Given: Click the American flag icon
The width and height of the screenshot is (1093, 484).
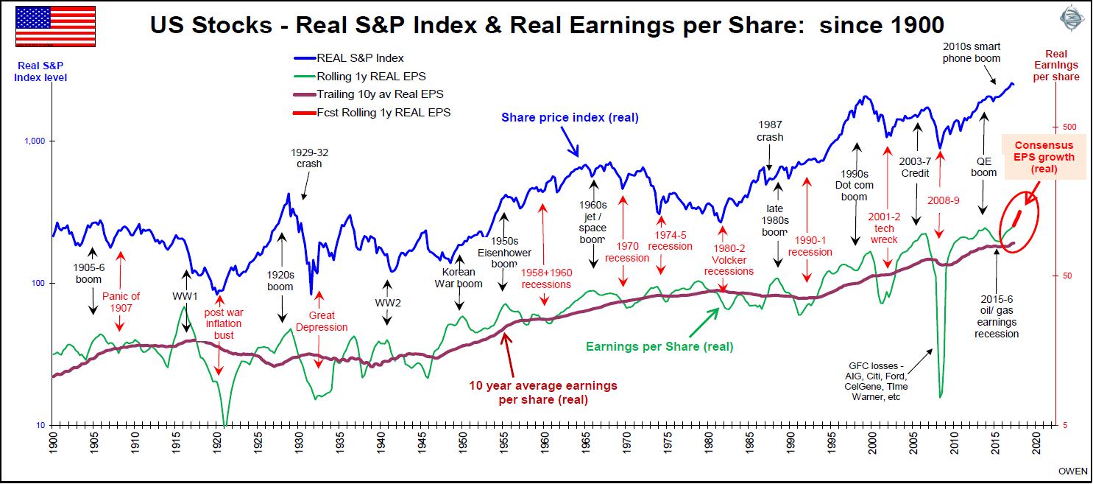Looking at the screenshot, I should pos(55,26).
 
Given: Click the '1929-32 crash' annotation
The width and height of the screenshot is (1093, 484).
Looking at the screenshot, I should pos(309,158).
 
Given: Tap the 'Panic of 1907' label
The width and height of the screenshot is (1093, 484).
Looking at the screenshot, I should pos(121,302).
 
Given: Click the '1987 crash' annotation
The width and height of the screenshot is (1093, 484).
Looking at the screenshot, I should pos(770,131).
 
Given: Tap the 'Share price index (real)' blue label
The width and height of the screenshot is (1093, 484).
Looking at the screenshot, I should pos(570,117).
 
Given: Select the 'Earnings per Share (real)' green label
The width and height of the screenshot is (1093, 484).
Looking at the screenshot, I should pos(659,346).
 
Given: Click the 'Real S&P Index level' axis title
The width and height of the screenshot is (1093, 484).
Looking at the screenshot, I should pos(40,71).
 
